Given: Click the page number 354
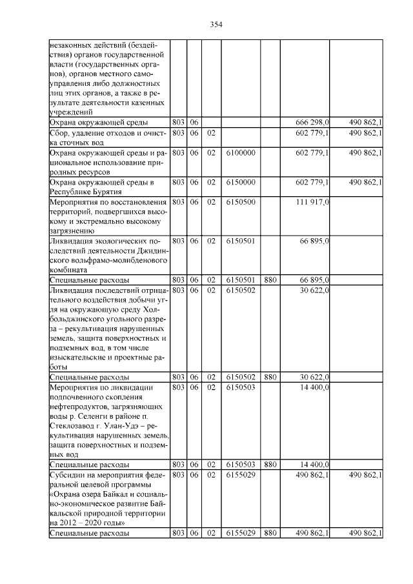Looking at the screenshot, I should (216, 25).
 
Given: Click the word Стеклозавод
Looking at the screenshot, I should (75, 426).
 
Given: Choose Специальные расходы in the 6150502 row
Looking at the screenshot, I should (89, 377).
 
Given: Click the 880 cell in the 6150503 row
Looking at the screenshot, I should (270, 465).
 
